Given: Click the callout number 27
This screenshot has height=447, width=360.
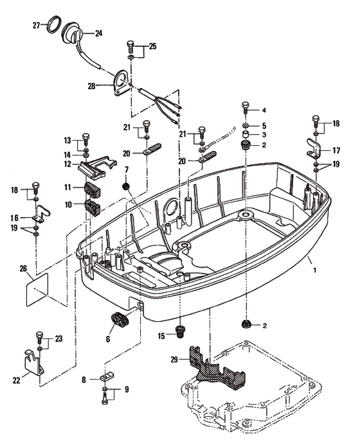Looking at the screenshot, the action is pyautogui.click(x=36, y=26).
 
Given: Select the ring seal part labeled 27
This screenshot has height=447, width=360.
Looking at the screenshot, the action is pyautogui.click(x=54, y=24).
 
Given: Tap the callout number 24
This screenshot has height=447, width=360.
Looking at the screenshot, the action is pyautogui.click(x=98, y=33).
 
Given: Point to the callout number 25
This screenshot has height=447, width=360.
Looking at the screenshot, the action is pyautogui.click(x=153, y=46).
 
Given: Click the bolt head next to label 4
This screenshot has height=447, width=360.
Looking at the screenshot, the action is pyautogui.click(x=246, y=105).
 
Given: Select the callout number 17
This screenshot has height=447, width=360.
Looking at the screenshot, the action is pyautogui.click(x=336, y=150).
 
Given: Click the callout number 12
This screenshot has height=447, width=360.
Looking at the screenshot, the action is pyautogui.click(x=67, y=164).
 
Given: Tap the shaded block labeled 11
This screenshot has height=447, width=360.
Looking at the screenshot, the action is pyautogui.click(x=93, y=190).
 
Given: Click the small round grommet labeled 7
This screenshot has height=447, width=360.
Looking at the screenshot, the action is pyautogui.click(x=126, y=186).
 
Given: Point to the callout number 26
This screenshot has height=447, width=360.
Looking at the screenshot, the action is pyautogui.click(x=23, y=268).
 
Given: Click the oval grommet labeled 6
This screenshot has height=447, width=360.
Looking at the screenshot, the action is pyautogui.click(x=120, y=320).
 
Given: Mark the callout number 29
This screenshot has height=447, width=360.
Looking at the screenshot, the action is pyautogui.click(x=174, y=360).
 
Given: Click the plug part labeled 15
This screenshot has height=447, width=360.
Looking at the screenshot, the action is pyautogui.click(x=180, y=332).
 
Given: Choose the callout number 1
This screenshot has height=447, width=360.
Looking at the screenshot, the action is pyautogui.click(x=315, y=270).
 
